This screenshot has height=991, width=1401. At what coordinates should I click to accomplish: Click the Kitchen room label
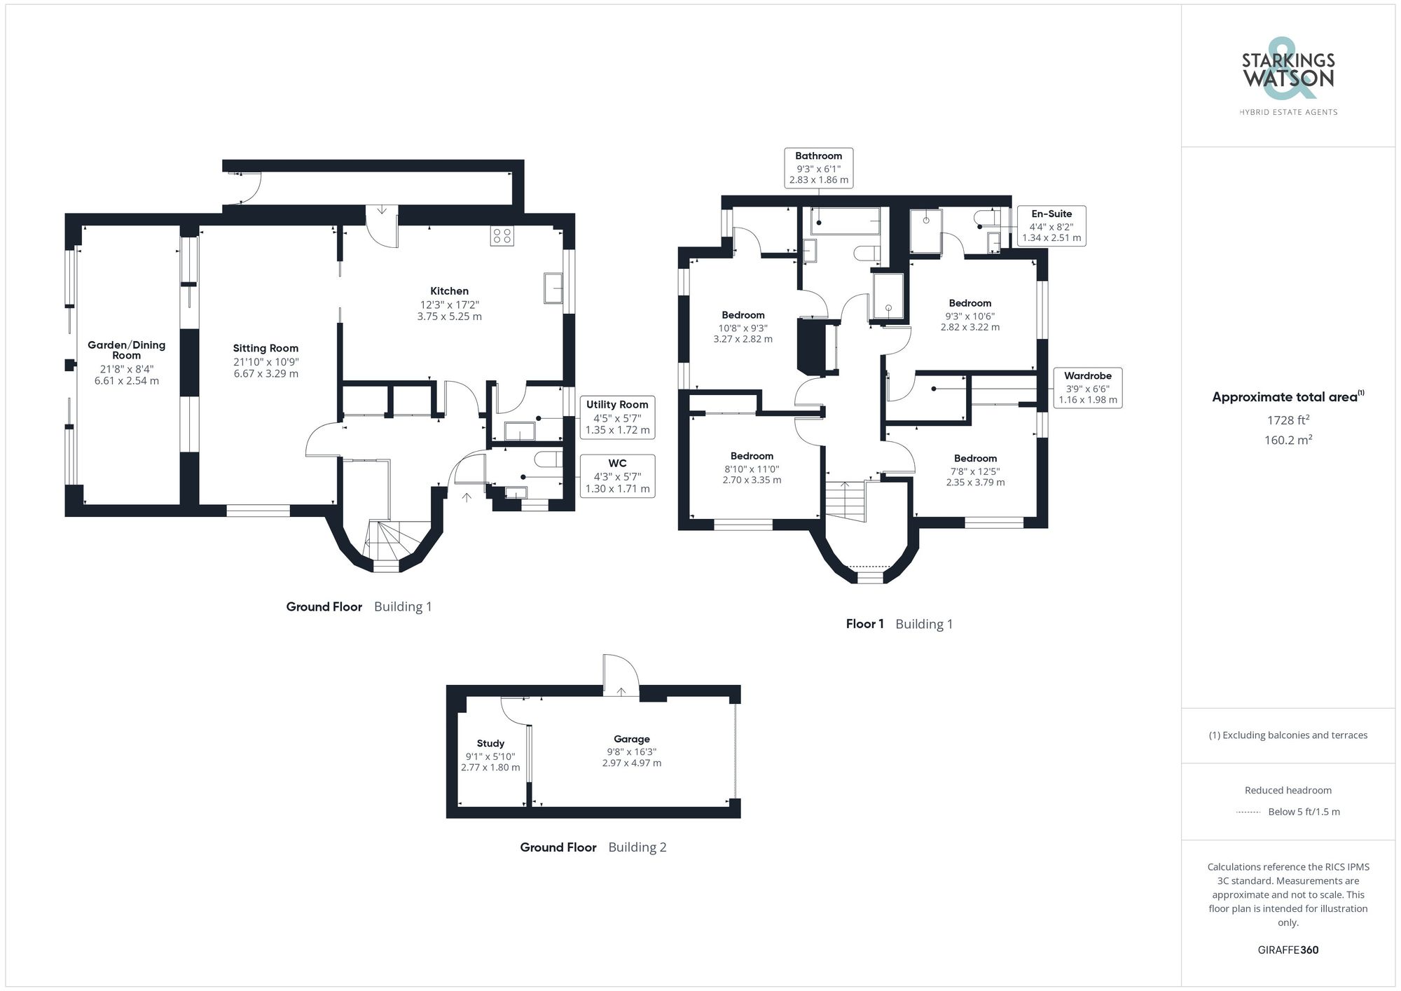449,291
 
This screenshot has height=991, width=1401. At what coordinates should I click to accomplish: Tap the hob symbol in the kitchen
502,235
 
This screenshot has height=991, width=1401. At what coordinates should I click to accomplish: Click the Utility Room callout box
617,417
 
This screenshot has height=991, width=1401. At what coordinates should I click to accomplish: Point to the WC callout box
617,476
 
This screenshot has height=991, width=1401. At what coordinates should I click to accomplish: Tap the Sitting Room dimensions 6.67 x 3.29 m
265,374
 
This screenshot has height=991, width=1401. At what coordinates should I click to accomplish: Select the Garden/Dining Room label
127,349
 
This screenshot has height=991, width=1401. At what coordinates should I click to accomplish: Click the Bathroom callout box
818,168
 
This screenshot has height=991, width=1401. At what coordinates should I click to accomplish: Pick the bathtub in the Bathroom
845,221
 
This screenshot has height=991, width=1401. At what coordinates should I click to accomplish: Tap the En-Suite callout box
1051,226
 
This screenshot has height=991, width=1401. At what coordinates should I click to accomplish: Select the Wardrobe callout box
1087,388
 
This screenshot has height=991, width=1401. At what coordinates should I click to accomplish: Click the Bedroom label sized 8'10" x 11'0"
752,456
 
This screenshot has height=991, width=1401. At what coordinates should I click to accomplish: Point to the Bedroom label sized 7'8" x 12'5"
975,459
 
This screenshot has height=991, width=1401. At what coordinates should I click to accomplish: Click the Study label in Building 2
490,743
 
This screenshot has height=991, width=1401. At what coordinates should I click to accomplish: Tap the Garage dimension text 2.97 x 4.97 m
631,763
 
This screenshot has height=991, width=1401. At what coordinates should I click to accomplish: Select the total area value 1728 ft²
1288,420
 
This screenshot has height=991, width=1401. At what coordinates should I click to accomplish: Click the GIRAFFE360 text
1288,950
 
